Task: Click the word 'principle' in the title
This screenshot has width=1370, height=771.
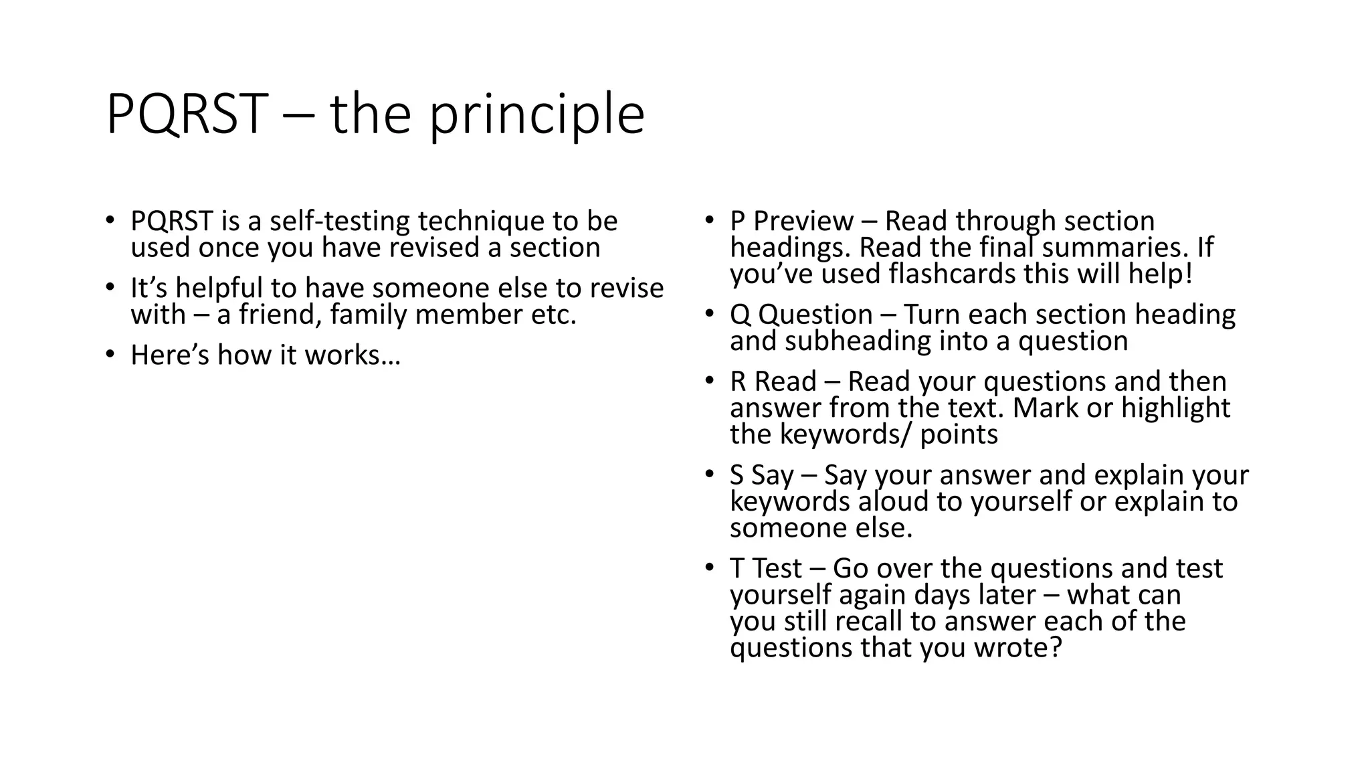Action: coord(536,115)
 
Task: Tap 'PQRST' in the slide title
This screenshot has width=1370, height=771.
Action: coord(187,115)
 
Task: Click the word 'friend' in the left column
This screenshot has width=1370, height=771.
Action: coord(275,315)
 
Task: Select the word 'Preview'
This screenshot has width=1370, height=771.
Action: coord(803,222)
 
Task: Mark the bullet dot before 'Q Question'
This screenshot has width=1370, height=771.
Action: coord(710,314)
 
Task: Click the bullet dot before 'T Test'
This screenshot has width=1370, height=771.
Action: coord(710,568)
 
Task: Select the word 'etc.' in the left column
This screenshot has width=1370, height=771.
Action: coord(553,315)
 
